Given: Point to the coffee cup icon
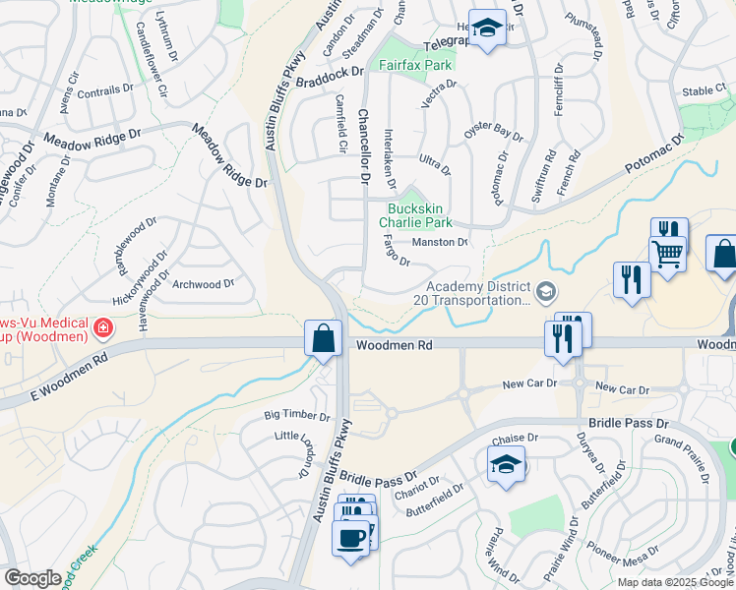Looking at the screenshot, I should (350, 538).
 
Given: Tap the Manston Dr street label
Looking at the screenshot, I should (439, 242).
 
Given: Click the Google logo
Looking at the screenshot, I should (32, 578).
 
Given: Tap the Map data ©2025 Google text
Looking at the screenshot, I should (674, 582).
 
